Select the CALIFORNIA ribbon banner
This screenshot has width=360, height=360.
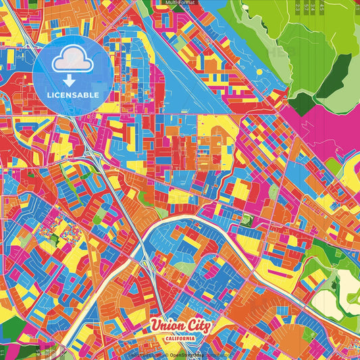point(180,338)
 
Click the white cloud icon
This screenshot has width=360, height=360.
point(72,61)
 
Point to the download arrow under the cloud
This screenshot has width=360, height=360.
point(72,80)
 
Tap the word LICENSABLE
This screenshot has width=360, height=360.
point(72,95)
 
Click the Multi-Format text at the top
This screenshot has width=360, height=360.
point(180,3)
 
